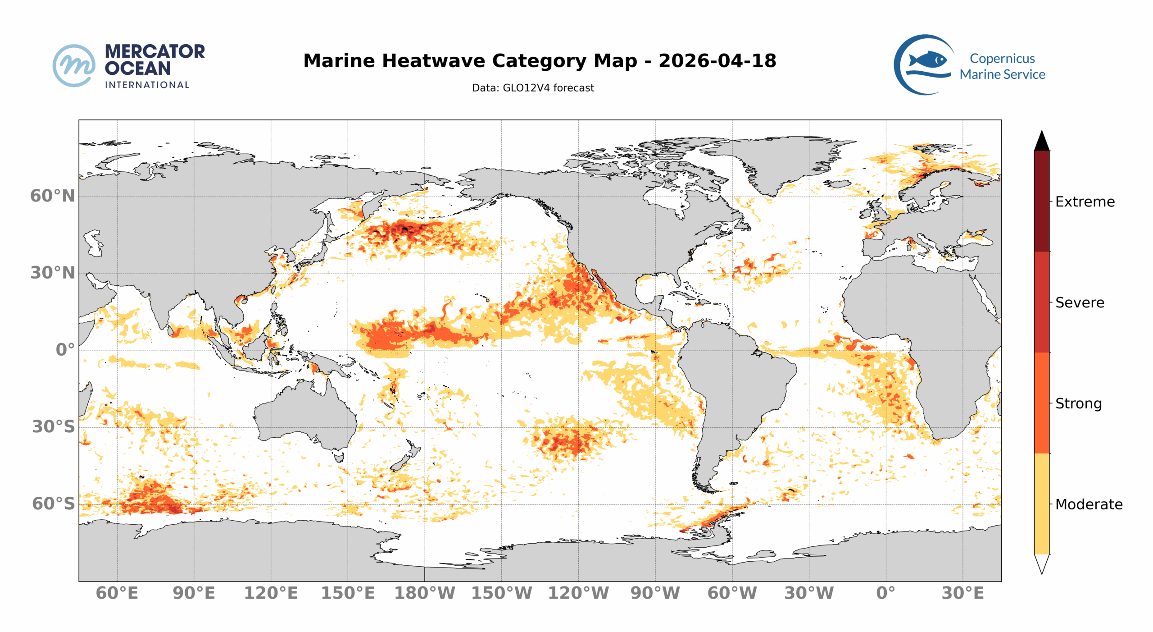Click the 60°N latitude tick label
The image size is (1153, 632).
coord(52,196)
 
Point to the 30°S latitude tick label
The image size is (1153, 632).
coord(53,426)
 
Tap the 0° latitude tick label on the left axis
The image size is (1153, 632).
coord(65,350)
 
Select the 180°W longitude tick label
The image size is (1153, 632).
coord(425,593)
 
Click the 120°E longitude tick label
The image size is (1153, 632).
coord(271,593)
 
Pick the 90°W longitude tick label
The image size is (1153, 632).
coord(655,593)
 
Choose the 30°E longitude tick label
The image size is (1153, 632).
coord(962,593)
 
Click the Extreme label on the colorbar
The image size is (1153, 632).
coord(1085,202)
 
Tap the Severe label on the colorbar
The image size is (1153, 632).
coord(1080,302)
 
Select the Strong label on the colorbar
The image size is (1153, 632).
coord(1078,403)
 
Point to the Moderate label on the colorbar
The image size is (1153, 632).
coord(1089,504)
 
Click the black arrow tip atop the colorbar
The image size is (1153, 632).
coord(1041,141)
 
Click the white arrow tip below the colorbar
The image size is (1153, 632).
coord(1041,564)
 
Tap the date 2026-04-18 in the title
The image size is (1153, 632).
coord(717,61)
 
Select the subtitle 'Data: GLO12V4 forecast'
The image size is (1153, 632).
coord(533,88)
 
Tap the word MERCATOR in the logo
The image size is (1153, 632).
coord(154,51)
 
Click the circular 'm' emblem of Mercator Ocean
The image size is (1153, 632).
coord(74,65)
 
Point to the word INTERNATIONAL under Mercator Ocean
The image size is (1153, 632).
coord(147,85)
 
